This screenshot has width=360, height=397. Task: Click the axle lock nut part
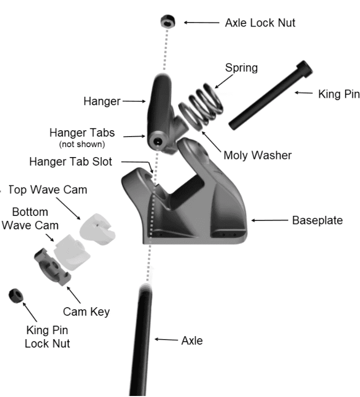coord(168,22)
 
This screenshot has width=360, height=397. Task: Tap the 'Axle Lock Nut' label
coord(260,23)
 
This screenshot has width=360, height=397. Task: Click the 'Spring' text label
coord(241,68)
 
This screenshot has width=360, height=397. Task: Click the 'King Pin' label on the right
coord(339,94)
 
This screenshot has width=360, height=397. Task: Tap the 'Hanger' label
coord(102,101)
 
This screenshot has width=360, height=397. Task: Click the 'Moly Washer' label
coord(257,155)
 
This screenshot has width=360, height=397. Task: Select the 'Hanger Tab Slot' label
coord(71,162)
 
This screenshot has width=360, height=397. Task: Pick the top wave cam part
coord(97,227)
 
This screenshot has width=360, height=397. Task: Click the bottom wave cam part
coord(72,252)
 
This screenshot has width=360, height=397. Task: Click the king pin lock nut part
coord(15,295)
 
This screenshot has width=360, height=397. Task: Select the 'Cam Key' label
coord(86,312)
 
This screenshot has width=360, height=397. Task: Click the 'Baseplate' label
coord(318,220)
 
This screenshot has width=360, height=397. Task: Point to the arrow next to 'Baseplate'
coord(270,220)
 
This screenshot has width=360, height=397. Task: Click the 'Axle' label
coord(192,341)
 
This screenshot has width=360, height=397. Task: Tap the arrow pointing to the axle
coord(166,339)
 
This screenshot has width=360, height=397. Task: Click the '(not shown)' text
coord(82,144)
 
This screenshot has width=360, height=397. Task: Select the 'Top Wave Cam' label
coord(48,190)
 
